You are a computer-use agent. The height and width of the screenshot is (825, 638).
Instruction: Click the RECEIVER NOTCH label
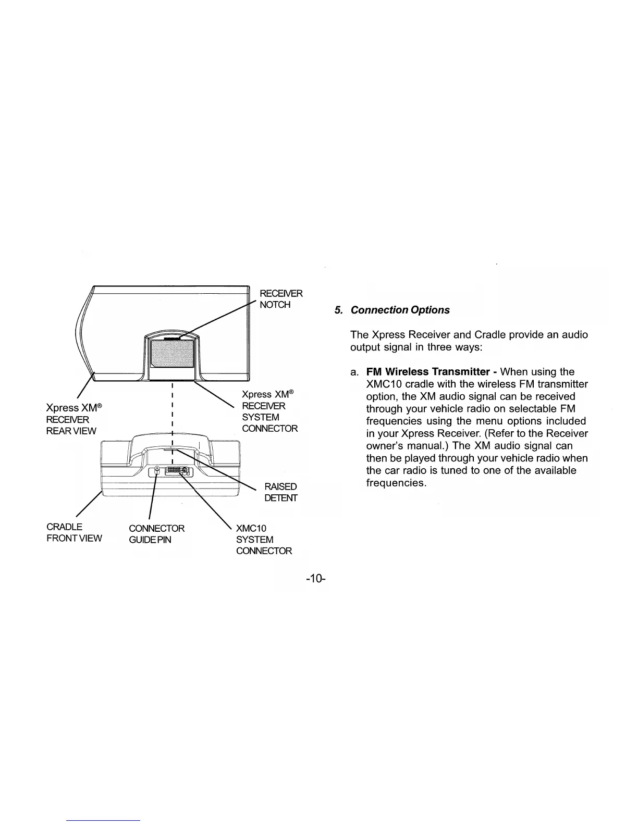[x=280, y=299]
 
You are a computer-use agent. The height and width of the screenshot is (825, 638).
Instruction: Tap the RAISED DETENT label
[x=280, y=492]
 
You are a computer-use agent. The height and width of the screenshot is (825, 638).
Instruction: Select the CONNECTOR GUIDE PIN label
[x=156, y=534]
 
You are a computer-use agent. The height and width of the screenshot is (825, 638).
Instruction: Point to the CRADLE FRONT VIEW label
[x=73, y=532]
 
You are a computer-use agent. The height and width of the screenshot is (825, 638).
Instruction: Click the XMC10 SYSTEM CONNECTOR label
[x=264, y=540]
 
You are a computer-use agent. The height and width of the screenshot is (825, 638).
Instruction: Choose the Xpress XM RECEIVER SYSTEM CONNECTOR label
[x=269, y=411]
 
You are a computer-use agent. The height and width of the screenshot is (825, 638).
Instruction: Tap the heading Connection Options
[x=400, y=310]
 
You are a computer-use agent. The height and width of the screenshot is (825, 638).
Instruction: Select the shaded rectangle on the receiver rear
[x=172, y=354]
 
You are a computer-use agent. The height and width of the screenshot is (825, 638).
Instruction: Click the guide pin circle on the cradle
[x=157, y=470]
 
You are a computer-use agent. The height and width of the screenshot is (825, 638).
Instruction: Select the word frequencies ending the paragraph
[x=396, y=483]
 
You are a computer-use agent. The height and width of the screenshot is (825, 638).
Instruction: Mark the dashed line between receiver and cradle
[x=172, y=411]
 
